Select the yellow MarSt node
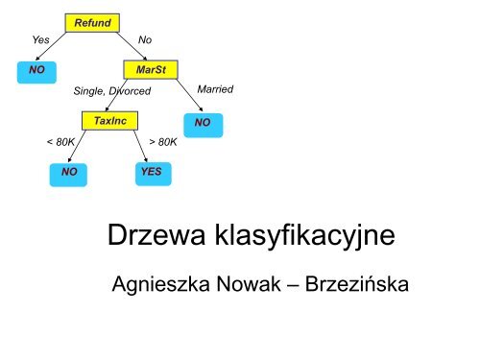coord(152,71)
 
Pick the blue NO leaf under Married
coord(202,124)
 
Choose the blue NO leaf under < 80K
coord(67,173)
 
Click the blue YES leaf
coord(151,173)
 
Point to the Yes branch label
coord(41,40)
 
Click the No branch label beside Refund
coord(145,40)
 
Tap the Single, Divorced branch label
coord(113,91)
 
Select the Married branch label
coord(214,88)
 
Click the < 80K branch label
coord(61,141)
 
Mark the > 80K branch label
coord(162,141)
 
